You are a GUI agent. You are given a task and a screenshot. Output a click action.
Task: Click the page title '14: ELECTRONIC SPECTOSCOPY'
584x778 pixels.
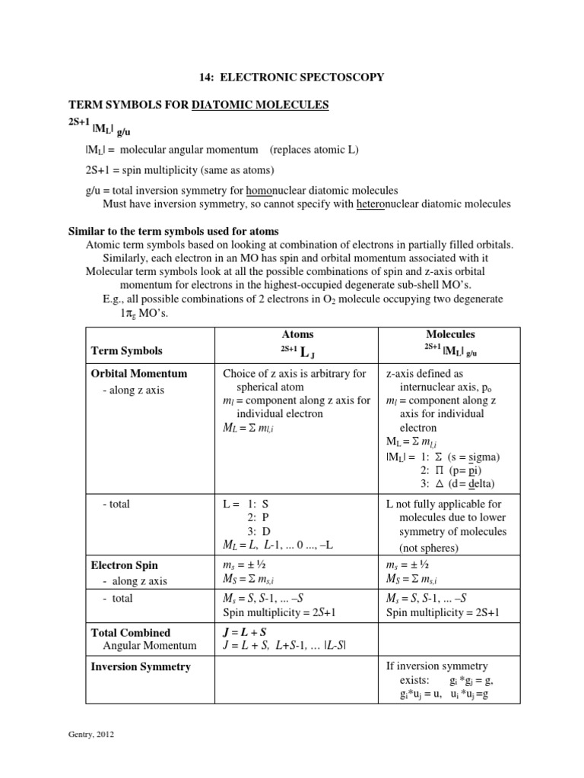[292, 77]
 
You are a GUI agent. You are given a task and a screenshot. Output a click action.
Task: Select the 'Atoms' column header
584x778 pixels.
[297, 334]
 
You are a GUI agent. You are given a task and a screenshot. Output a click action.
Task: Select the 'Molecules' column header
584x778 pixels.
[451, 334]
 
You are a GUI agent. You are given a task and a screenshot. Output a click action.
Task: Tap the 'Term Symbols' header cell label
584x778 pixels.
[127, 351]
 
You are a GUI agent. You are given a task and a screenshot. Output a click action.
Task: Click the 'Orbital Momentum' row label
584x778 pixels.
[139, 374]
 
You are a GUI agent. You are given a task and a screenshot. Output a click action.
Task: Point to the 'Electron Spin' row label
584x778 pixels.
[125, 565]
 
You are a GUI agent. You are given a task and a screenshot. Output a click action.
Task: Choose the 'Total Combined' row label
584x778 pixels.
[131, 632]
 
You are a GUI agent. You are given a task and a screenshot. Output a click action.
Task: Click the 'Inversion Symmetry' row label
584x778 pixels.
[141, 666]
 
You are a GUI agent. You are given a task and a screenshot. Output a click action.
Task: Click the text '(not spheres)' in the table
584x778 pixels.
[430, 547]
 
